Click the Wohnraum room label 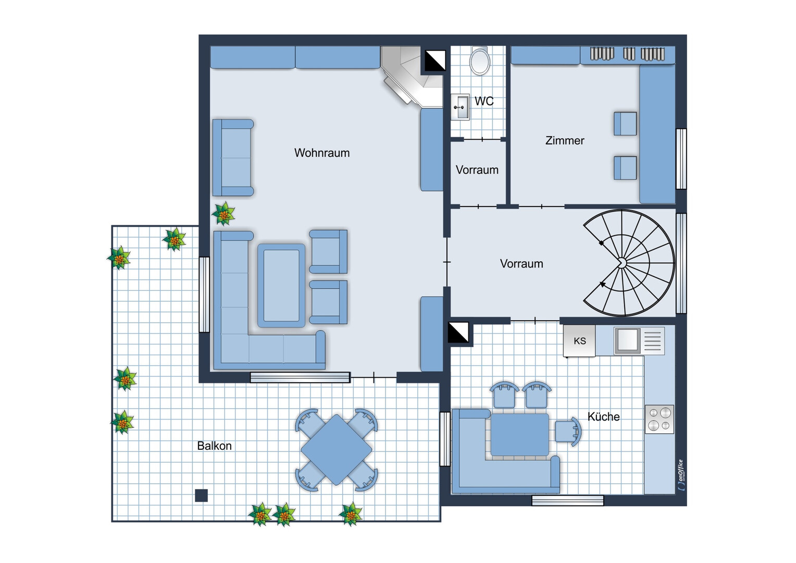pos(322,153)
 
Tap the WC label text pos(484,101)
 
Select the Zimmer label pos(565,140)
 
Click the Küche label pos(603,417)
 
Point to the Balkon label pos(214,446)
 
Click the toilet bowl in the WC pos(480,61)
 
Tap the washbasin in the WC pos(461,107)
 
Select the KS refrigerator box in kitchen pos(579,341)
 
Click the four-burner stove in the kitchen pos(660,419)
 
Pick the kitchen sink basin pos(627,340)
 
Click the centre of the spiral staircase pos(622,263)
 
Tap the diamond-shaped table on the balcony pos(336,450)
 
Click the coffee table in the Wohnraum pos(281,285)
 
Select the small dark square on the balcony pos(202,495)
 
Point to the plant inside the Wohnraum pos(223,214)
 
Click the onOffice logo pos(680,475)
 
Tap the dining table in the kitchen pos(519,435)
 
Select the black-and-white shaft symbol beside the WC pos(436,60)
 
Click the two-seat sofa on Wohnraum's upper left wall pos(233,158)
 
